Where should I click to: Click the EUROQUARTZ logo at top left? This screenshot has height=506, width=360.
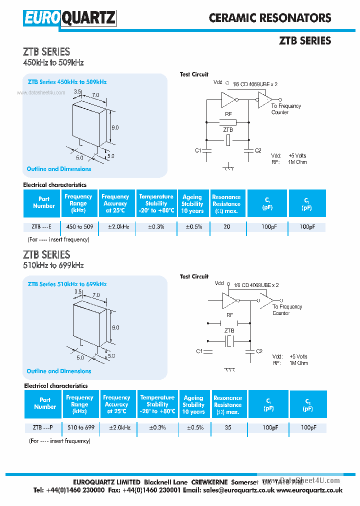click(x=69, y=18)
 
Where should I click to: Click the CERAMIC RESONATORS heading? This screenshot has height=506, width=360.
click(x=270, y=18)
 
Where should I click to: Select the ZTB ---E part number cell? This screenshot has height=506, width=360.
click(x=41, y=227)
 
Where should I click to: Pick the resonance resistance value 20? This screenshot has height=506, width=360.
click(x=226, y=227)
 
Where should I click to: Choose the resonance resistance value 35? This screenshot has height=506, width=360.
click(x=227, y=428)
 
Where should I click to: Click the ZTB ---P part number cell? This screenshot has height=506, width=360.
click(x=42, y=428)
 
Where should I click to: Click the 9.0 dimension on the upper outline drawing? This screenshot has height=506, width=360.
click(x=115, y=127)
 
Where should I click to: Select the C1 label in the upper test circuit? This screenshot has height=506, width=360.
click(x=197, y=150)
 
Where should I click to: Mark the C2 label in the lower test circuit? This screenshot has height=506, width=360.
click(x=259, y=351)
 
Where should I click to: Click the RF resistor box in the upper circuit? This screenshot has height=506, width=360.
click(x=228, y=121)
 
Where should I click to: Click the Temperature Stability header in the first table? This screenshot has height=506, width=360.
click(x=156, y=203)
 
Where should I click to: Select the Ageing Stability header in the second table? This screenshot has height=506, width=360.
click(x=193, y=404)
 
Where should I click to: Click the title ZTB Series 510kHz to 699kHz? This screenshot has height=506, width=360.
click(x=67, y=284)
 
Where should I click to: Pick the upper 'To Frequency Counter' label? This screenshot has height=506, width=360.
click(x=285, y=109)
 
